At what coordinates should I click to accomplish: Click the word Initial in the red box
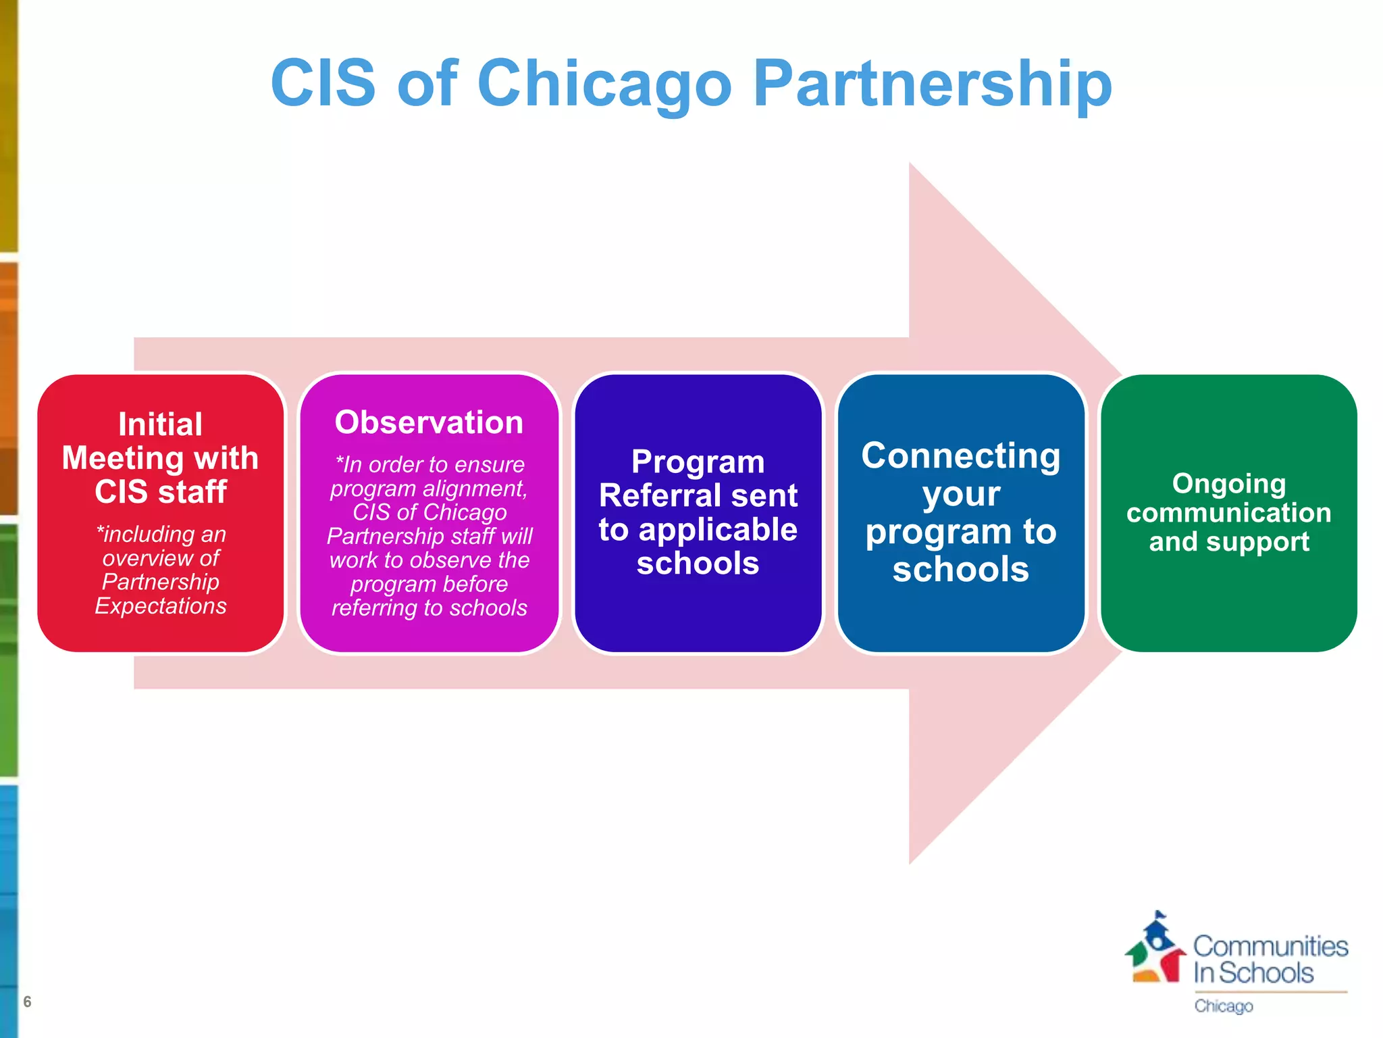pyautogui.click(x=160, y=424)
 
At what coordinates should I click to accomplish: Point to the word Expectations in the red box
pyautogui.click(x=161, y=605)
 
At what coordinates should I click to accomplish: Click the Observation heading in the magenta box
pyautogui.click(x=429, y=422)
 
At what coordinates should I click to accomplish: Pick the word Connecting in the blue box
pyautogui.click(x=960, y=455)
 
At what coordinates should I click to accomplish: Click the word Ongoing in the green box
pyautogui.click(x=1229, y=483)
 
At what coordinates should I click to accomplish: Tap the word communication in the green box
pyautogui.click(x=1229, y=512)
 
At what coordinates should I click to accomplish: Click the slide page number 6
pyautogui.click(x=27, y=1002)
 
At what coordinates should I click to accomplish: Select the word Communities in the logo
pyautogui.click(x=1270, y=946)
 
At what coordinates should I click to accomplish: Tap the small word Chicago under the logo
pyautogui.click(x=1223, y=1006)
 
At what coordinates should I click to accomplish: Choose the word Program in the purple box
pyautogui.click(x=698, y=462)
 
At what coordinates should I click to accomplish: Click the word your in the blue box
pyautogui.click(x=960, y=494)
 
